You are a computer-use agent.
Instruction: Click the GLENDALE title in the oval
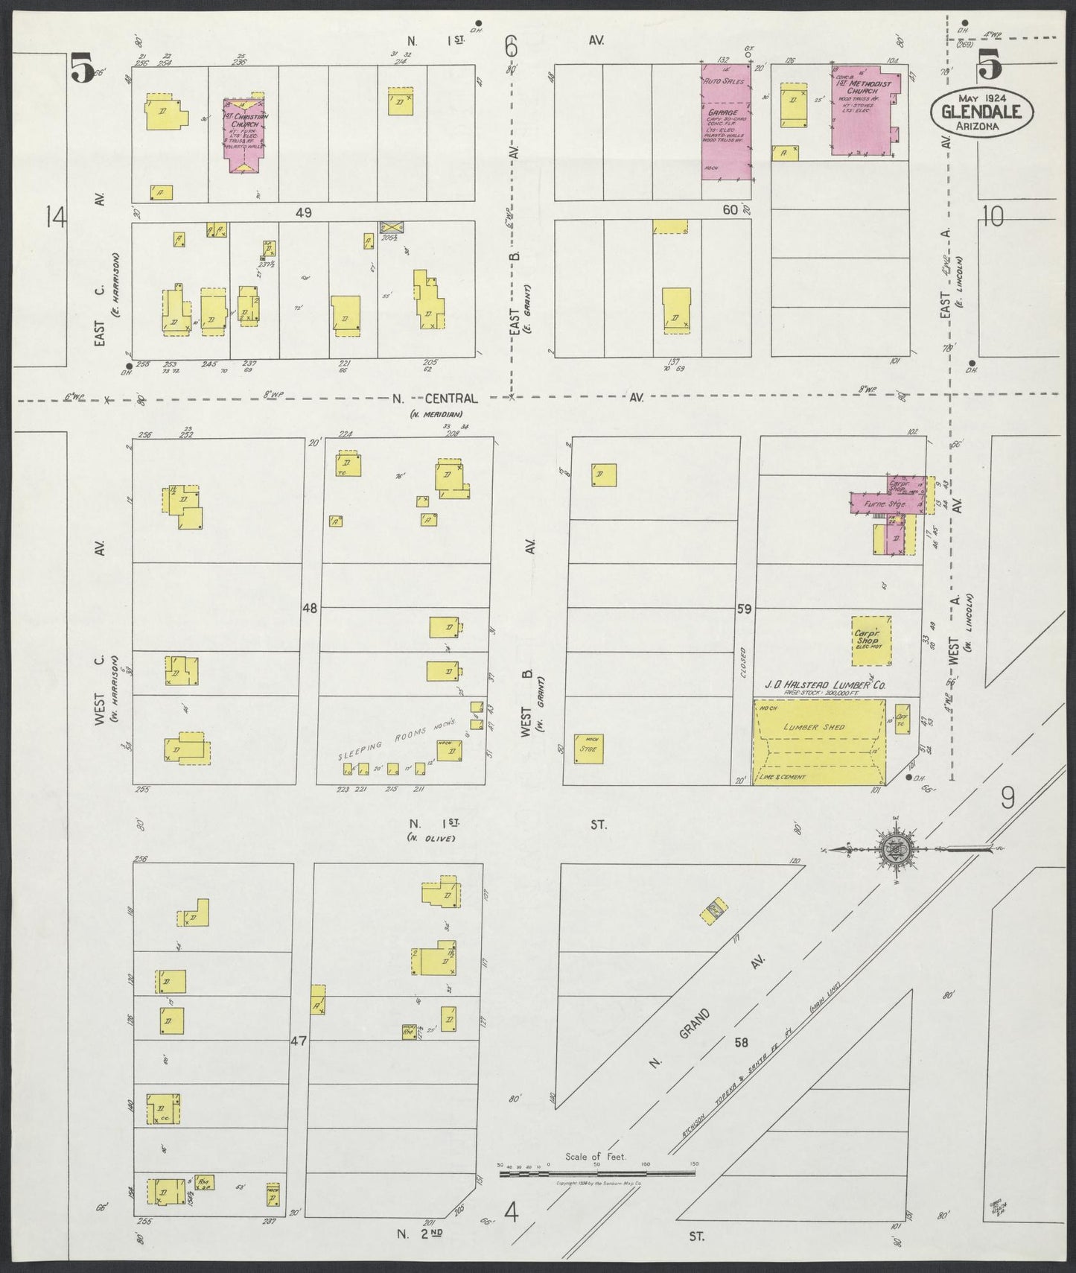pos(980,112)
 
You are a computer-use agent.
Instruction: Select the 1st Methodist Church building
pos(864,114)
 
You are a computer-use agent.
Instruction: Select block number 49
pos(302,212)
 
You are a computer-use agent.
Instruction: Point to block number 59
pos(743,609)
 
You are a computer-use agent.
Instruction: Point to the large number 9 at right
pos(1007,799)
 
